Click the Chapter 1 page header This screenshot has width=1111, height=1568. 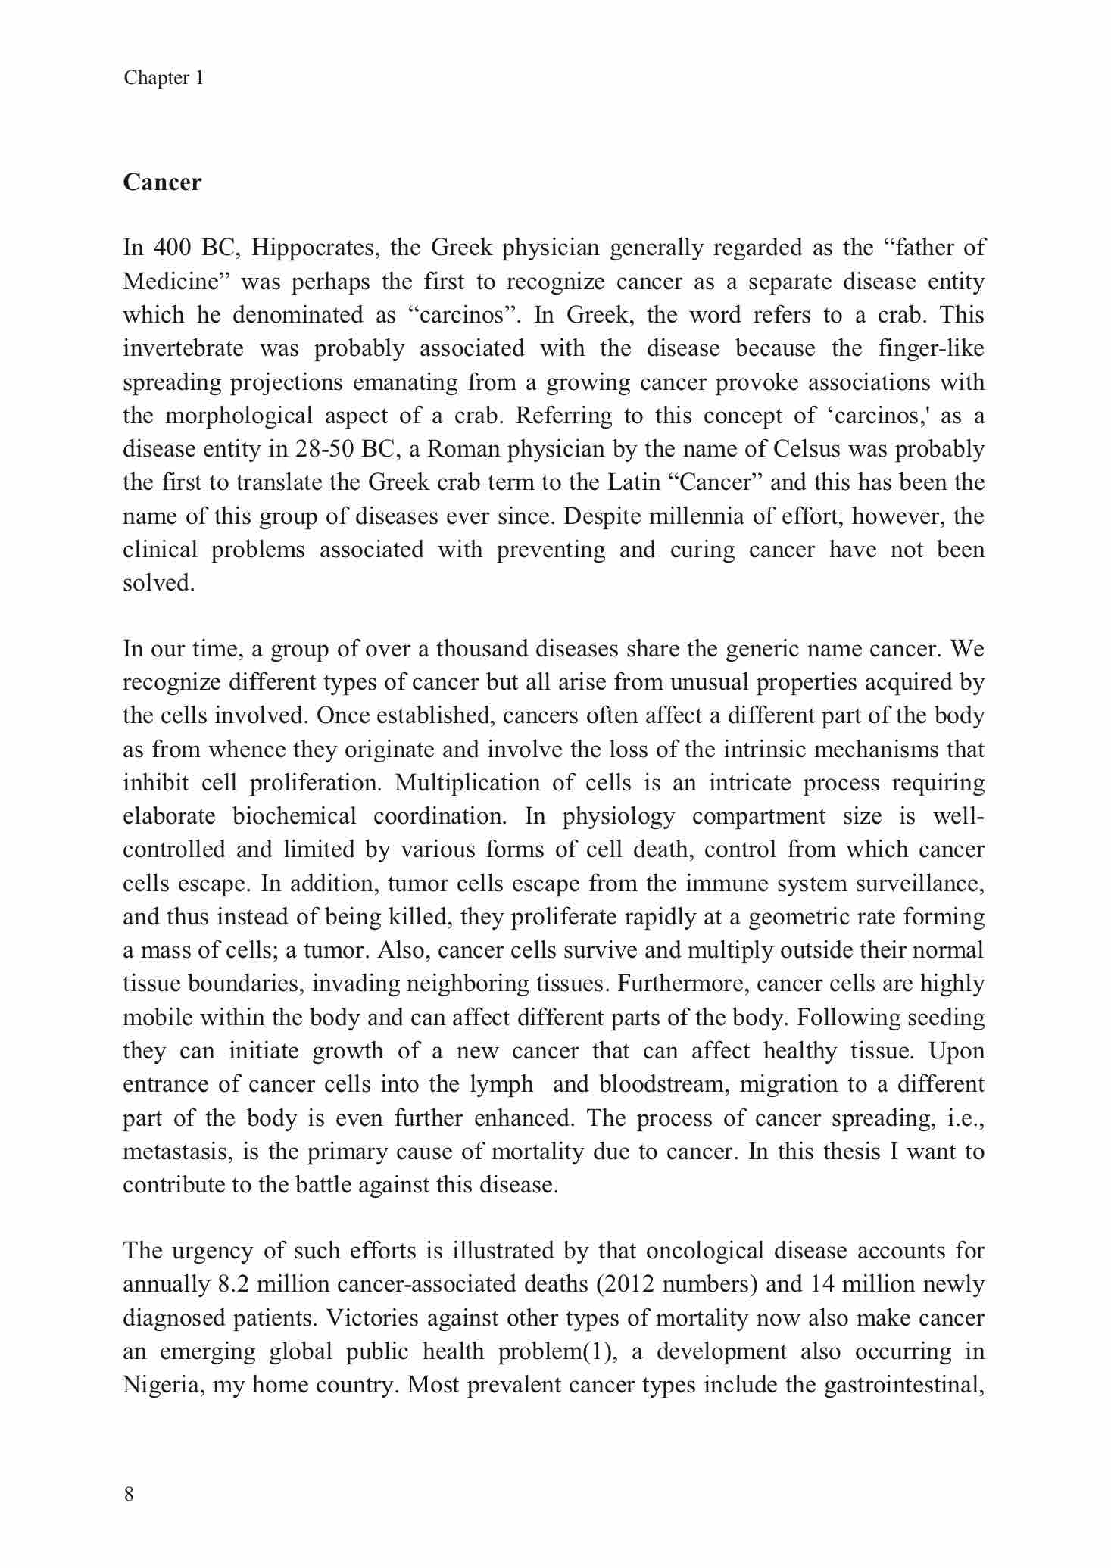(164, 78)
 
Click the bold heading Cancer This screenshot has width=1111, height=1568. (162, 182)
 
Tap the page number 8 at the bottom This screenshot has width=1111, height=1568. (129, 1494)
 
